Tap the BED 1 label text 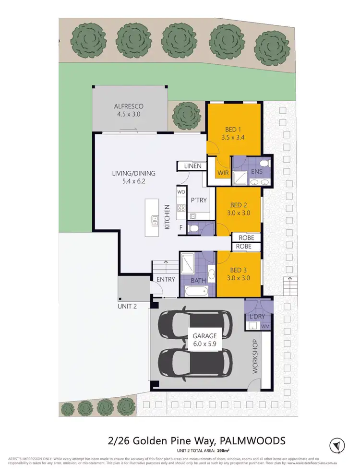(x=234, y=129)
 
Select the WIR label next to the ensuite (x=222, y=172)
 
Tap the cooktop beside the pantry (x=181, y=208)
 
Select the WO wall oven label (x=181, y=191)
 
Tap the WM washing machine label (x=264, y=326)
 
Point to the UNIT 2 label (x=127, y=306)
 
